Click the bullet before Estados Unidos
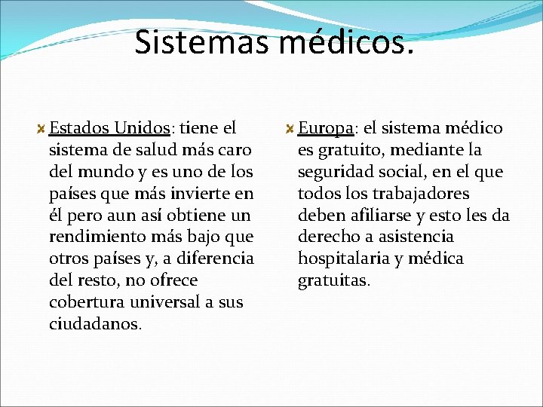pos(42,129)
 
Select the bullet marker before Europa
pos(290,129)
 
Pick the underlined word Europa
pos(327,128)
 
